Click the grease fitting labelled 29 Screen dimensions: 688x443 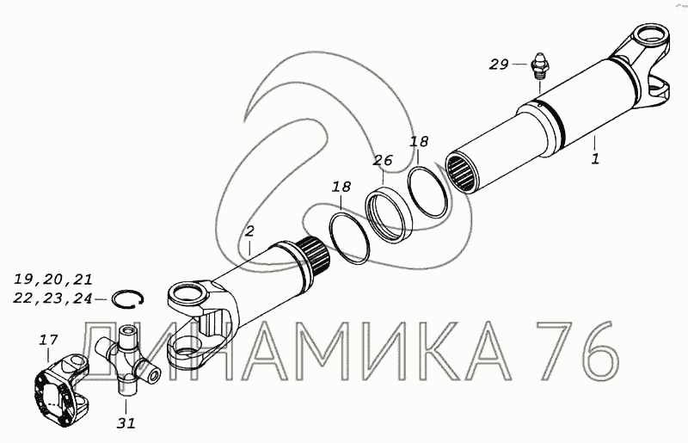click(x=538, y=66)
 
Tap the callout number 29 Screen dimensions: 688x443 click(x=499, y=65)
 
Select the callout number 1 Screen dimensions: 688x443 click(x=595, y=158)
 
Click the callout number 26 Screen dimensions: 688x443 click(x=383, y=160)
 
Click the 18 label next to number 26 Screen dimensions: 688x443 click(x=419, y=141)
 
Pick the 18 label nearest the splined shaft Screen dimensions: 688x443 click(x=341, y=187)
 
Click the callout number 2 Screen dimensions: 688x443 click(x=249, y=231)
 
